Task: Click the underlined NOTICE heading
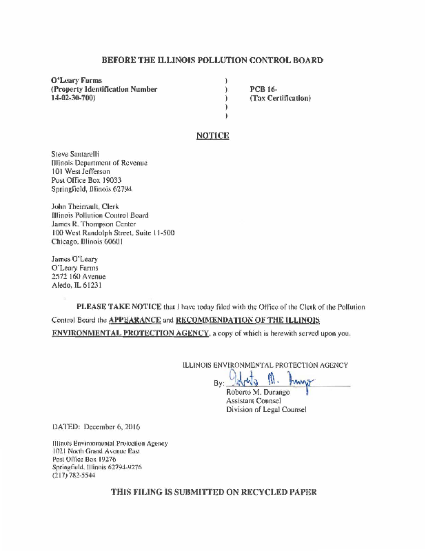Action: coord(212,136)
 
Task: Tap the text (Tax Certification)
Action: coord(280,98)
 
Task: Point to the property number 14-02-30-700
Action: coord(73,98)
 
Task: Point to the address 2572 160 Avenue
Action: coord(79,276)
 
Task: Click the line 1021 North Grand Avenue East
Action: coord(96,451)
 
